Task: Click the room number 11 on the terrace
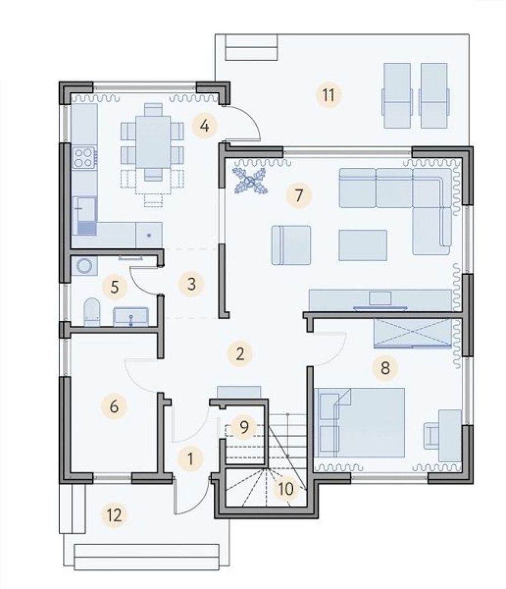(328, 95)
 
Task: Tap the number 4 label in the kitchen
(204, 126)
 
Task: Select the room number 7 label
(299, 195)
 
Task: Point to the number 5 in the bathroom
(114, 287)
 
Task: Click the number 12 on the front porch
(114, 515)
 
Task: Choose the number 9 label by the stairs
(244, 427)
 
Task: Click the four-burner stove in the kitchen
(84, 158)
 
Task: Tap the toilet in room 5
(92, 312)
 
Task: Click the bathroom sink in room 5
(131, 316)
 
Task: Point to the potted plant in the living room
(249, 181)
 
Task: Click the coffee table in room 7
(363, 245)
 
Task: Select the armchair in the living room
(291, 245)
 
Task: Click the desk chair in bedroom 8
(431, 435)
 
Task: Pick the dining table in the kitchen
(153, 141)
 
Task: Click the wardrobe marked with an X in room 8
(412, 332)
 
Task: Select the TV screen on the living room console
(380, 298)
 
